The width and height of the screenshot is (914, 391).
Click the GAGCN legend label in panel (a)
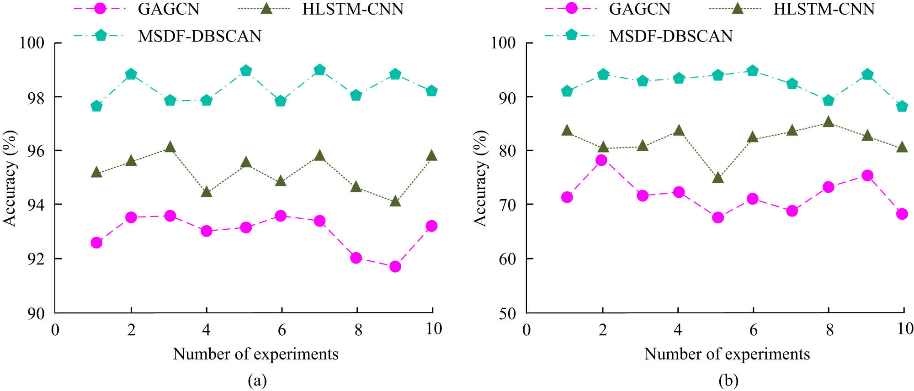pyautogui.click(x=169, y=9)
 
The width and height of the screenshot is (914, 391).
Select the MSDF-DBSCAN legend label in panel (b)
pyautogui.click(x=670, y=36)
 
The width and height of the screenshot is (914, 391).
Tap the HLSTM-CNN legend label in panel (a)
pyautogui.click(x=352, y=9)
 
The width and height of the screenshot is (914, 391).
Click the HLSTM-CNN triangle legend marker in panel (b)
pyautogui.click(x=737, y=8)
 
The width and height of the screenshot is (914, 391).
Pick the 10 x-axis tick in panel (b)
pyautogui.click(x=905, y=329)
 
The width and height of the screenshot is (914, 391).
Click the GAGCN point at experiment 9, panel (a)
pyautogui.click(x=395, y=267)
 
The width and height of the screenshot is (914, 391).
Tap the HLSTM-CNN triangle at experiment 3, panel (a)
pyautogui.click(x=170, y=147)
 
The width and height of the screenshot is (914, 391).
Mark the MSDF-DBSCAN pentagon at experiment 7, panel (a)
pyautogui.click(x=320, y=70)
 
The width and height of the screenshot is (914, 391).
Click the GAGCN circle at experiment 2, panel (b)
pyautogui.click(x=601, y=160)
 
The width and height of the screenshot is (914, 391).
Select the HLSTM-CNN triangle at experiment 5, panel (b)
pyautogui.click(x=718, y=177)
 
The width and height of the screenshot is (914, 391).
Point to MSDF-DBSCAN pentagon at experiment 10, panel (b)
pyautogui.click(x=902, y=106)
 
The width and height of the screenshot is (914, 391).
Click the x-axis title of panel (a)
pyautogui.click(x=255, y=354)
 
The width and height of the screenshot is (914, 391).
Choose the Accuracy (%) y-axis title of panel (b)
pyautogui.click(x=480, y=178)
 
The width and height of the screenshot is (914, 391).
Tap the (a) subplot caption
pyautogui.click(x=257, y=380)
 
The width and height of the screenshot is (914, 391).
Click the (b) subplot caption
pyautogui.click(x=728, y=380)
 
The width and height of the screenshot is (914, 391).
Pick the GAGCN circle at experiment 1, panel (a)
pyautogui.click(x=96, y=243)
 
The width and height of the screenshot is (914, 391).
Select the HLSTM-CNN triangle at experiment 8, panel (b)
pyautogui.click(x=828, y=122)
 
